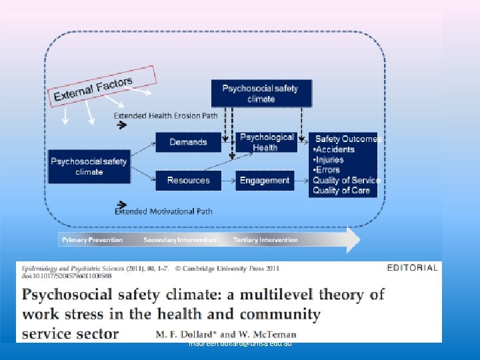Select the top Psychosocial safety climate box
tap(261, 93)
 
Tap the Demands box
tap(188, 142)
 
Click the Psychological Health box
tap(265, 142)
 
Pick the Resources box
tap(188, 180)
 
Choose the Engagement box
tap(265, 180)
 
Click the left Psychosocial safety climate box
tap(89, 167)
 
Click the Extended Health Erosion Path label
tap(165, 115)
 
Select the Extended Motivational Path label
tap(164, 211)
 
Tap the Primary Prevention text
tap(92, 240)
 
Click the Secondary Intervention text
tap(179, 240)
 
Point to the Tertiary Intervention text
tap(265, 240)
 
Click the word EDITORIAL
tap(412, 268)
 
